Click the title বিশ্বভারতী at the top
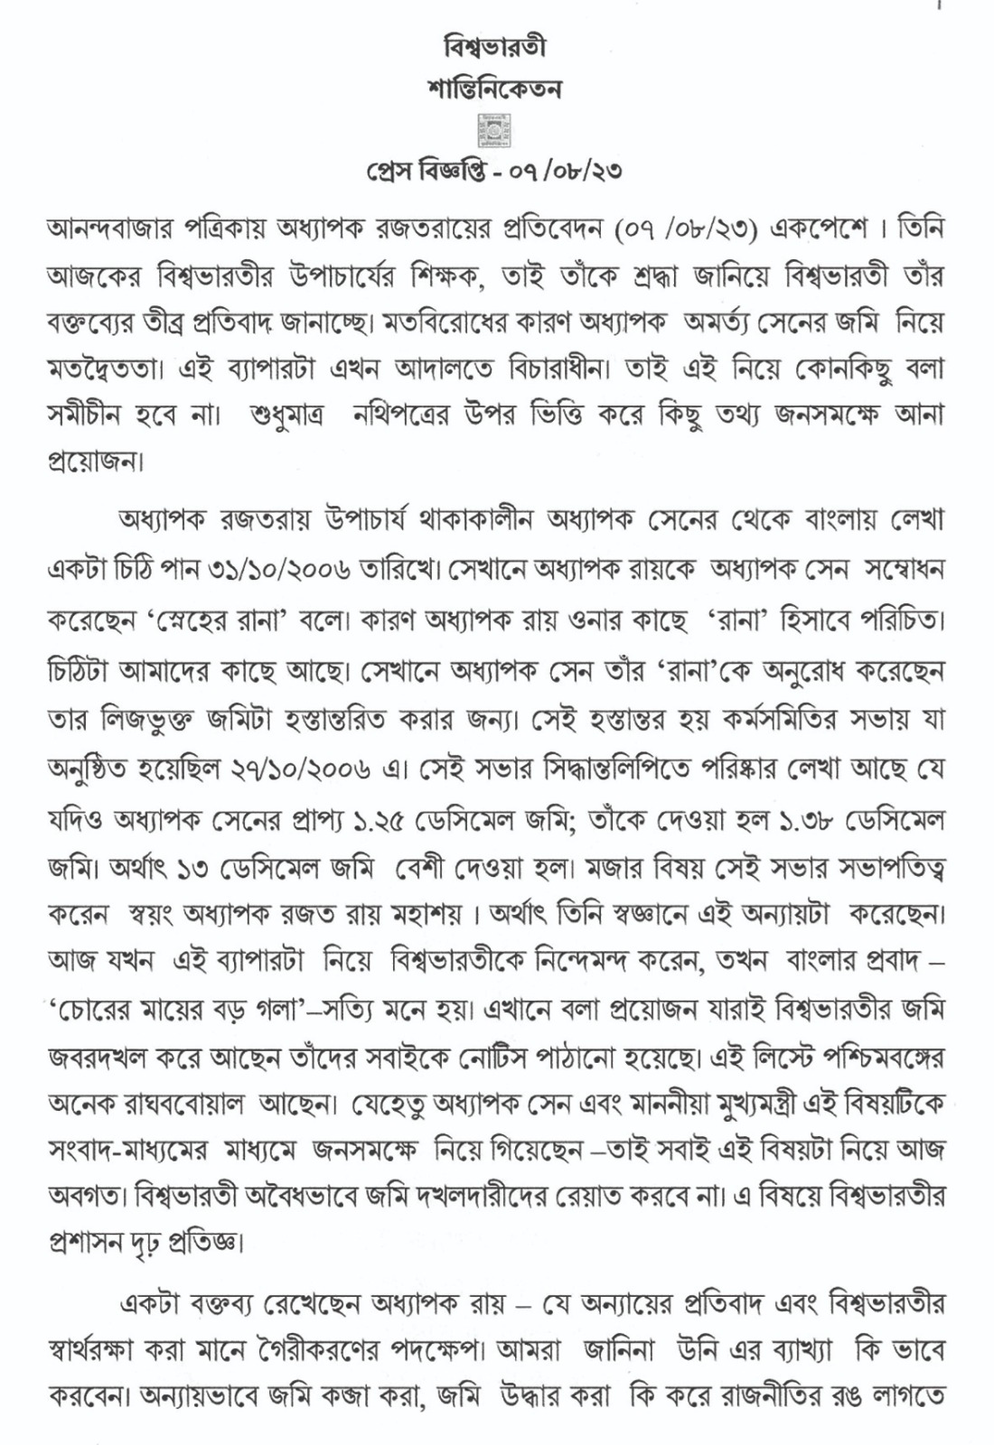tap(496, 46)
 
